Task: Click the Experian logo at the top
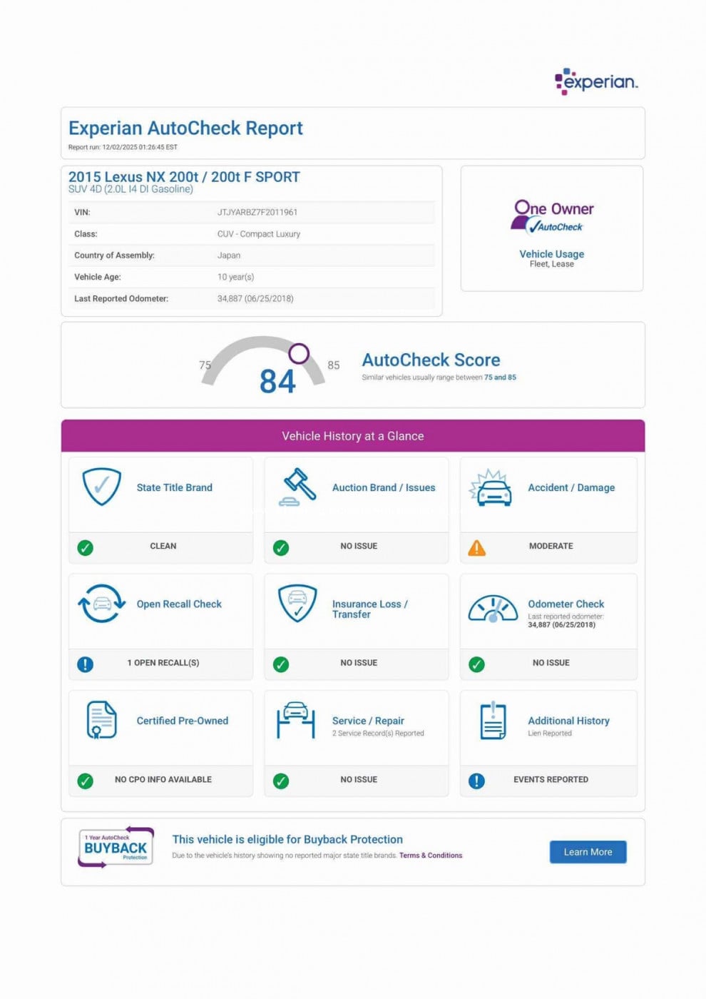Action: [596, 81]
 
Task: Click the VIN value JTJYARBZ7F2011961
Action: [257, 212]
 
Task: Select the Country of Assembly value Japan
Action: [229, 255]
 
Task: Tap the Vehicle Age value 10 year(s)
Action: [236, 277]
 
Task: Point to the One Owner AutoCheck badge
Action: [553, 217]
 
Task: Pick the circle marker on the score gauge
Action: [299, 353]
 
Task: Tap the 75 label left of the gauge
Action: [205, 365]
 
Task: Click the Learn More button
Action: [588, 852]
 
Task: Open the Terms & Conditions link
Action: [431, 856]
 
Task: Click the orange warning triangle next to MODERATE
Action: [476, 548]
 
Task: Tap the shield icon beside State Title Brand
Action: [102, 487]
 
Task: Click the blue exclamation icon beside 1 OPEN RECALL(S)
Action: [85, 664]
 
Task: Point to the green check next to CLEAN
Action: [85, 548]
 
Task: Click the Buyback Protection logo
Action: [116, 847]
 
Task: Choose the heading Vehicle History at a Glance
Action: [352, 436]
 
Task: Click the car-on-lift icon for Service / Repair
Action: [296, 721]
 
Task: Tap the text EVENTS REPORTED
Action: [551, 779]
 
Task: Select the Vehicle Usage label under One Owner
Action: [551, 254]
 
